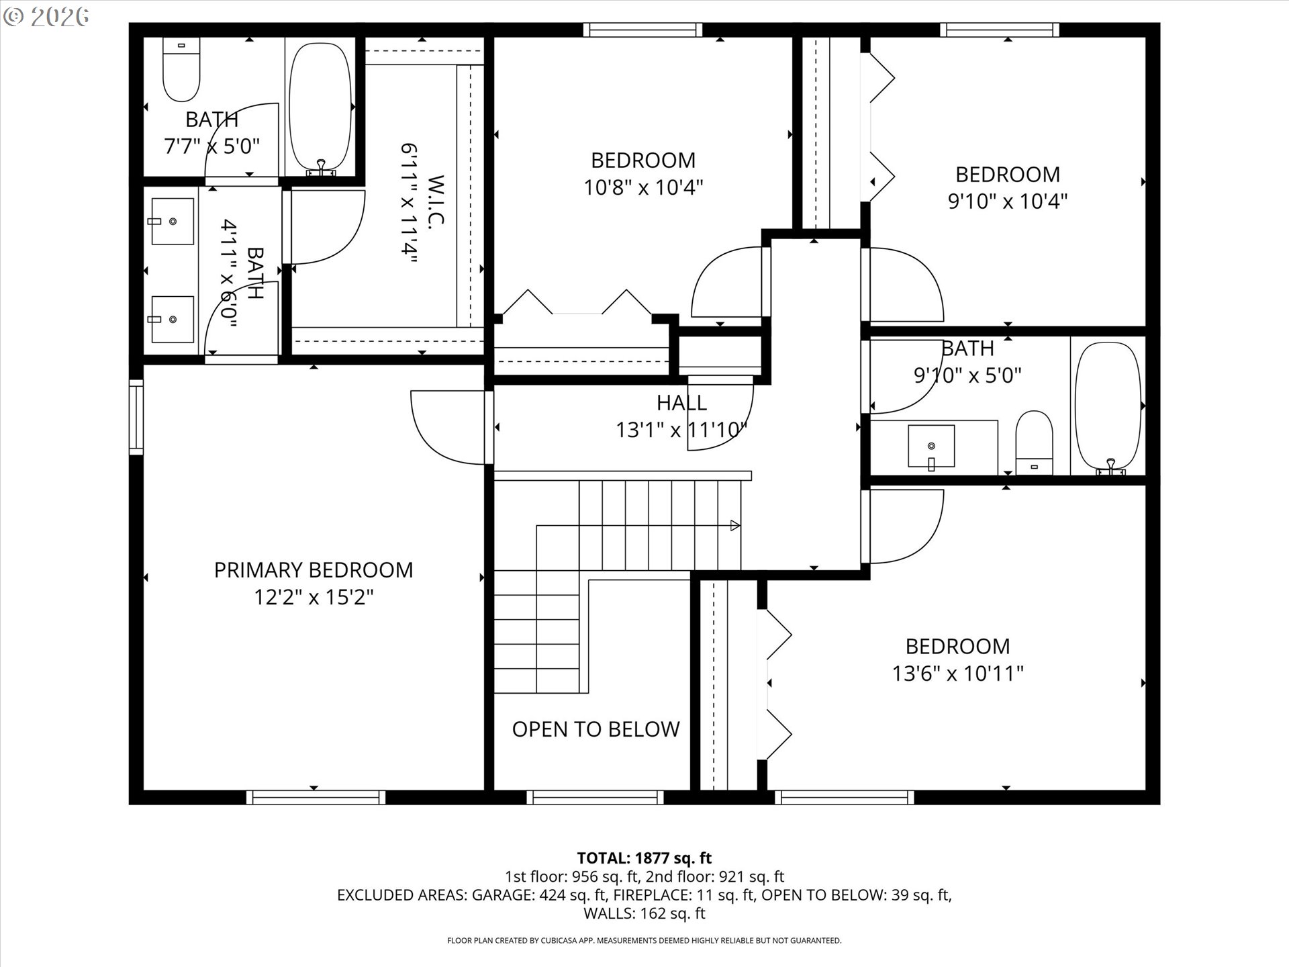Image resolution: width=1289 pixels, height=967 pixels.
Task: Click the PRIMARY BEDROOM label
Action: point(313,570)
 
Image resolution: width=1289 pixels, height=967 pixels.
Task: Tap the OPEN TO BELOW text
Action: point(595,729)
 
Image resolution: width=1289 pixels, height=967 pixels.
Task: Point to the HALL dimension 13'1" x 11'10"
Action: point(681,430)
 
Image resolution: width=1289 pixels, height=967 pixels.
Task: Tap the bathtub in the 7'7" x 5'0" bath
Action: point(320,107)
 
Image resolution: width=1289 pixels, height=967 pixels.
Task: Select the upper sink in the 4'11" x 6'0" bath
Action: point(173,221)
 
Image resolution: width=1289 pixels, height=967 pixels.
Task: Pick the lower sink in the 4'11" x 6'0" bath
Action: point(173,320)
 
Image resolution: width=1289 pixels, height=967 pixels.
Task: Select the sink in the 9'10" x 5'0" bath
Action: point(931,446)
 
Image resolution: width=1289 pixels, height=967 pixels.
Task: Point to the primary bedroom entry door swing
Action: point(446,428)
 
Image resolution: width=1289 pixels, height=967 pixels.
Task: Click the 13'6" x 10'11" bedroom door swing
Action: point(906,527)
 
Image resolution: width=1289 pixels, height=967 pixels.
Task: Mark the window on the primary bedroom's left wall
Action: point(136,416)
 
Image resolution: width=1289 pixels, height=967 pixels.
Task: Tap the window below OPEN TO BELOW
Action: point(595,797)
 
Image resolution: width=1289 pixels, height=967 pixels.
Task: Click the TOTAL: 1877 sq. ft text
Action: point(644,858)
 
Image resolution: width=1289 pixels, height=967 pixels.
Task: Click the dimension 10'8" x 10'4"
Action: point(643,187)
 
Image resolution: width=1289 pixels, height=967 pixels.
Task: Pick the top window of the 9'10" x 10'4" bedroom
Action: point(999,30)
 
